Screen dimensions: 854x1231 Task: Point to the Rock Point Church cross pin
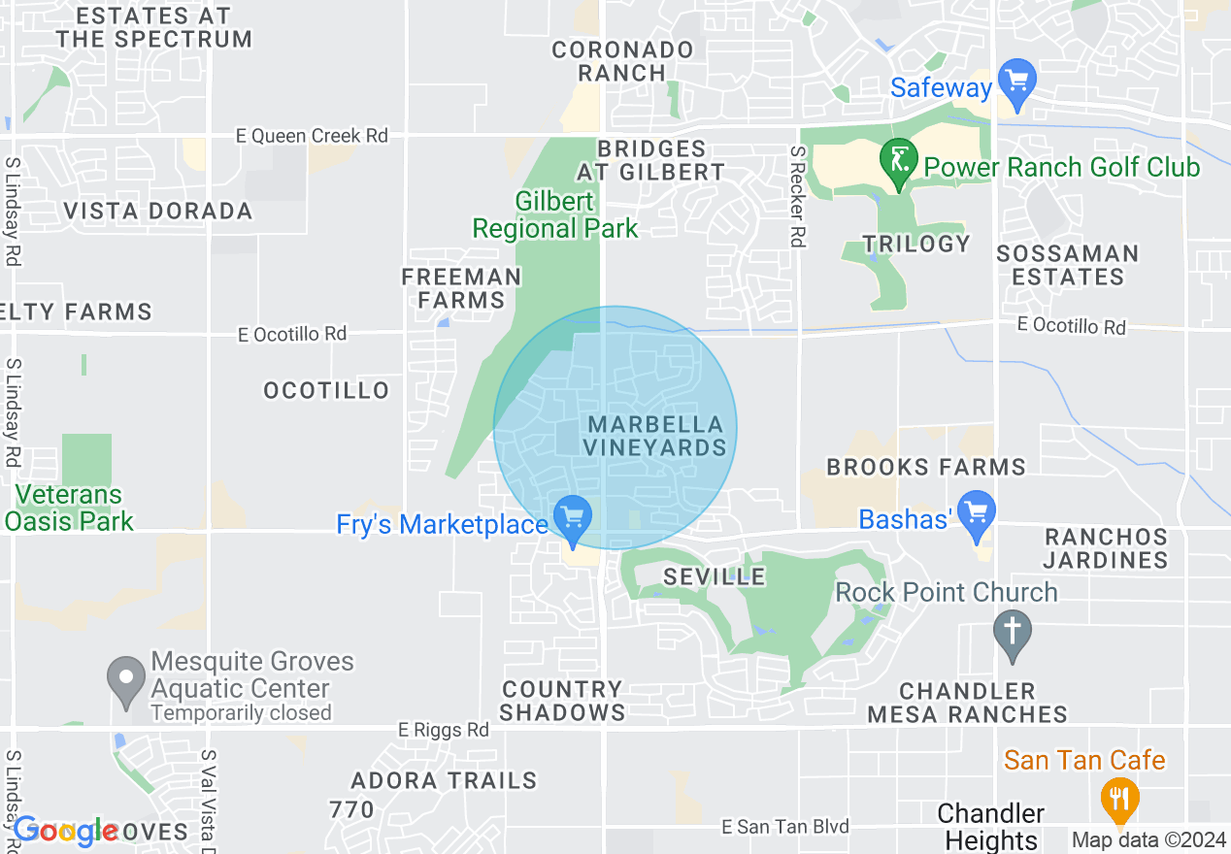click(x=1012, y=632)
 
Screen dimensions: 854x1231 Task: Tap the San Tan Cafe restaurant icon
click(x=1119, y=800)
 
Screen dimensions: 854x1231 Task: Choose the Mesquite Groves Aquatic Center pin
click(x=125, y=679)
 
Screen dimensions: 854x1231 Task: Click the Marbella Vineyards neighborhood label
click(x=656, y=436)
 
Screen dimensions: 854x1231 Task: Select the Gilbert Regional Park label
click(x=555, y=215)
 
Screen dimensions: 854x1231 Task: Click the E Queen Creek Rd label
click(x=312, y=136)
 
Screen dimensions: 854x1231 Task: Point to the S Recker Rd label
click(x=797, y=197)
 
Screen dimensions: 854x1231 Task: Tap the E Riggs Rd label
click(x=444, y=730)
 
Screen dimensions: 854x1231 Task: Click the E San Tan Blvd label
click(x=785, y=827)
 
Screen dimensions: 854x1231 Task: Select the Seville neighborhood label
click(x=715, y=576)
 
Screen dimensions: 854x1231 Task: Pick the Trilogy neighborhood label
click(x=915, y=244)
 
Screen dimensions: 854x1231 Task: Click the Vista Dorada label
click(x=157, y=211)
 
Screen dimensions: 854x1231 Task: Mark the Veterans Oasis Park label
click(x=68, y=508)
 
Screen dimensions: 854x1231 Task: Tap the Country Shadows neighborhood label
click(x=563, y=701)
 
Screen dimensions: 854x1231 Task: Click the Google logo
click(x=66, y=831)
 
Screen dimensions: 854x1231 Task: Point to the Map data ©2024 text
click(x=1148, y=840)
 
